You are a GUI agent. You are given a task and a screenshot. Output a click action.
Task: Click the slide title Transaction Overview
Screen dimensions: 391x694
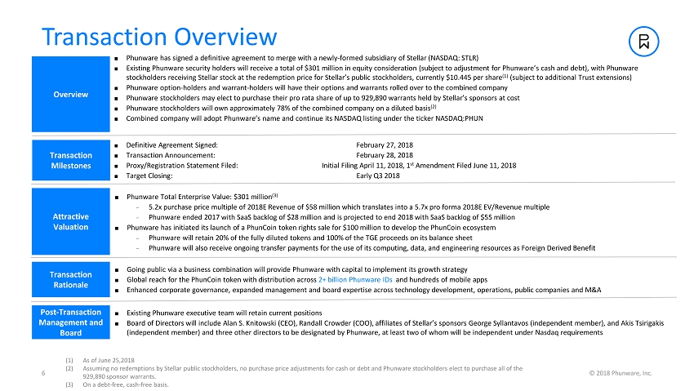click(159, 37)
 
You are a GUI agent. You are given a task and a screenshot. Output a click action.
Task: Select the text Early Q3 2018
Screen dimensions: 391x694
click(379, 176)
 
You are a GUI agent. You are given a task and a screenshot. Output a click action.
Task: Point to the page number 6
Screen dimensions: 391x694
click(42, 374)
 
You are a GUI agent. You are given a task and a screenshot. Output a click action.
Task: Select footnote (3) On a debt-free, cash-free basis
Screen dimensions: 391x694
click(135, 385)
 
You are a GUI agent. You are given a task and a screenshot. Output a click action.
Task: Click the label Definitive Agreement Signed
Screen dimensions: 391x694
click(172, 144)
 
